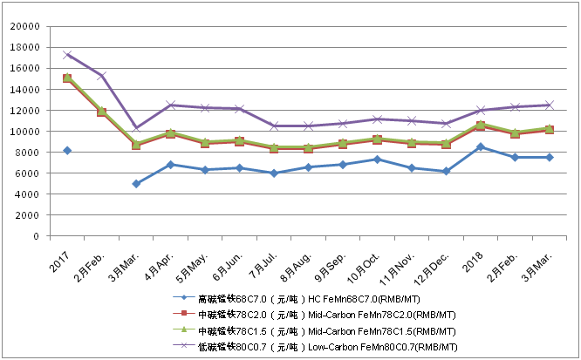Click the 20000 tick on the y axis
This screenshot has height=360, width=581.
24,26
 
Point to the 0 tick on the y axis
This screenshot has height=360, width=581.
36,236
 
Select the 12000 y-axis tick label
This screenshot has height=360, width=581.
24,111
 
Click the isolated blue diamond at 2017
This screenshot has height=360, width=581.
68,151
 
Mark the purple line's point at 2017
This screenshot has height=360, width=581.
68,55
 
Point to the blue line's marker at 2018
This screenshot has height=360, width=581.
481,146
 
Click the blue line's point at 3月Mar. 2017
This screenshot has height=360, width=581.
137,184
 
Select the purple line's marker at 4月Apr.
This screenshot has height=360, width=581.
171,105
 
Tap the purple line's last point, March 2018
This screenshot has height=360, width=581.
550,105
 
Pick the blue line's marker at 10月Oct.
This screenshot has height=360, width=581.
378,160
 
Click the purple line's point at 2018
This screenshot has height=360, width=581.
481,110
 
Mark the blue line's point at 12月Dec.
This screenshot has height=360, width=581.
447,171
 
